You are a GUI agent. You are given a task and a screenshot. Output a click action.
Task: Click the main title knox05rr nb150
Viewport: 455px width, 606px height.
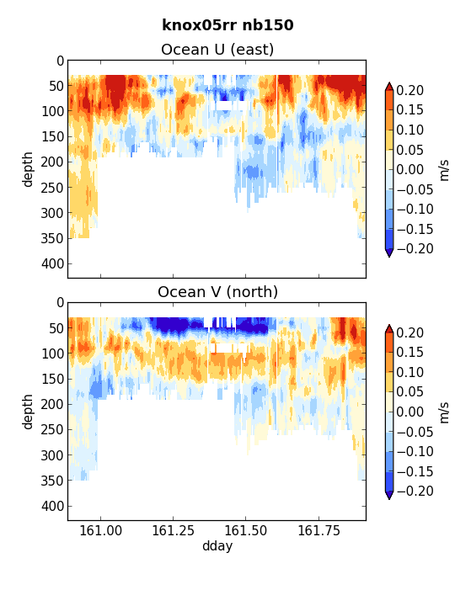pos(227,25)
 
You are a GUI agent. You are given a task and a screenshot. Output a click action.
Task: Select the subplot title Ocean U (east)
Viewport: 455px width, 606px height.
pos(217,50)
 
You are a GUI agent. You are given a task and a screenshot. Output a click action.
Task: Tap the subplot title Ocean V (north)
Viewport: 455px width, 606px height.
pos(217,292)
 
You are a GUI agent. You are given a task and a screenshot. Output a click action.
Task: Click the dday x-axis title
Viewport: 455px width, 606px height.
pos(217,546)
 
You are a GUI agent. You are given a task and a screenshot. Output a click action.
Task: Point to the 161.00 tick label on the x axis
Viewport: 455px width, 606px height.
pos(100,530)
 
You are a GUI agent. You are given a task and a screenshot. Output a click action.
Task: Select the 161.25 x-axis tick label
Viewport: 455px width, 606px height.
pos(173,530)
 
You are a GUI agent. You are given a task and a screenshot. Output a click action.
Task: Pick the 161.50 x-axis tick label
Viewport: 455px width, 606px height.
pos(245,530)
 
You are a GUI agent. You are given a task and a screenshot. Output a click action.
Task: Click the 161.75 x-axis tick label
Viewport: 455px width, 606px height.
pos(318,530)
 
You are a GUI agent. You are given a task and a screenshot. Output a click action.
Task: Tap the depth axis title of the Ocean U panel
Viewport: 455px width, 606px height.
pos(28,169)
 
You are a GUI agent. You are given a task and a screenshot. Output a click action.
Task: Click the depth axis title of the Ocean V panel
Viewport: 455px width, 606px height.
pos(28,412)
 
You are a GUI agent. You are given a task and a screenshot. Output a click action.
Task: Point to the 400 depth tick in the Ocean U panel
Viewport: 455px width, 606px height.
pos(52,264)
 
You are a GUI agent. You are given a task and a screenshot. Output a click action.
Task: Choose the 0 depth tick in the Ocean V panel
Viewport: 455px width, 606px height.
pos(60,303)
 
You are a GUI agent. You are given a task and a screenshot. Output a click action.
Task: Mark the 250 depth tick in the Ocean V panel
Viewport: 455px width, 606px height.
pos(52,429)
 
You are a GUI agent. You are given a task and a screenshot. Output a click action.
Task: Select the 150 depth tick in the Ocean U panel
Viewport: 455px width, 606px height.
pos(52,136)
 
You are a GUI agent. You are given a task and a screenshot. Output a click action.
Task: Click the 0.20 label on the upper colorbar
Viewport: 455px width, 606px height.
pos(410,90)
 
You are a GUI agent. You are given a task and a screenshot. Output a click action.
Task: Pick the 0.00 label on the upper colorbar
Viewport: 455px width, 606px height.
pos(410,170)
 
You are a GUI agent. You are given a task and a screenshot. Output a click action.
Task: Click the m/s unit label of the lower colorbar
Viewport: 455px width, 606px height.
pos(445,412)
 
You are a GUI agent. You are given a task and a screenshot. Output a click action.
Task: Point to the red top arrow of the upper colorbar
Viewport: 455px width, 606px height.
pos(389,87)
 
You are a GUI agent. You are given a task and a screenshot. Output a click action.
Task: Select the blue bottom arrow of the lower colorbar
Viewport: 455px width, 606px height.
pos(389,495)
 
